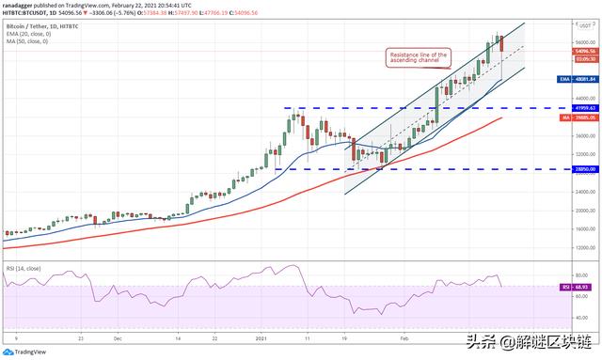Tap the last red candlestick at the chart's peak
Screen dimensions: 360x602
coord(501,43)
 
